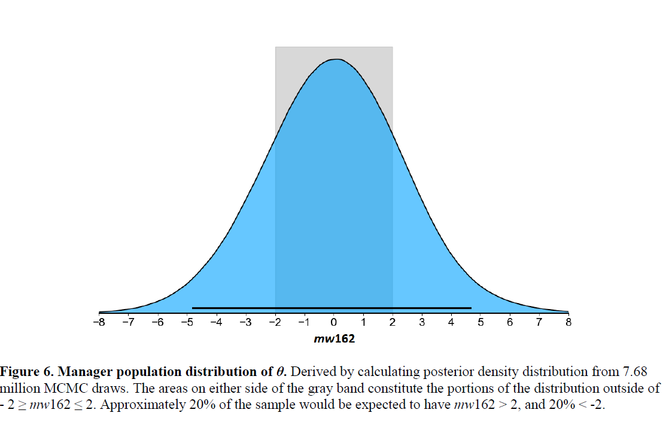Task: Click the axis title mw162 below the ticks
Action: [x=334, y=339]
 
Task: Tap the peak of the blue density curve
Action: [x=336, y=59]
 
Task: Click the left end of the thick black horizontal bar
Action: [x=193, y=308]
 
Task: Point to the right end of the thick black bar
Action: [x=470, y=308]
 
